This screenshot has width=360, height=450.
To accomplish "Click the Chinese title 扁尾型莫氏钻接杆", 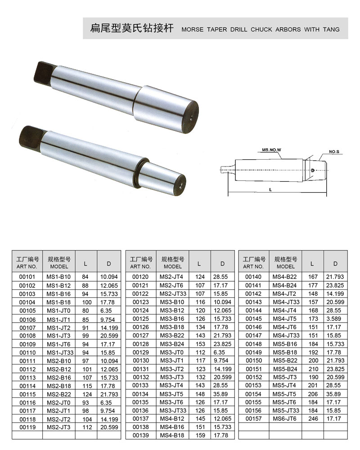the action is pos(132,28).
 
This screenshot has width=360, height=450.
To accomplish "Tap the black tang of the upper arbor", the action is pos(44,73).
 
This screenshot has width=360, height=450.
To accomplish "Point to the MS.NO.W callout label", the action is pos(271,150).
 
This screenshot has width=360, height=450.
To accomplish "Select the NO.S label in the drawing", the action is pos(334,152).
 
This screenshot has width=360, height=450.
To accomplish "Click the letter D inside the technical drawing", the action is pos(313,170).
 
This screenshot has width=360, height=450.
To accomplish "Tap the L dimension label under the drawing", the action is pos(270,190).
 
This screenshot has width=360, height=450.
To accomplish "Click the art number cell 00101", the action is pos(27,277).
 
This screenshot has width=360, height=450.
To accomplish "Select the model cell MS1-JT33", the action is pos(60,352).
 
